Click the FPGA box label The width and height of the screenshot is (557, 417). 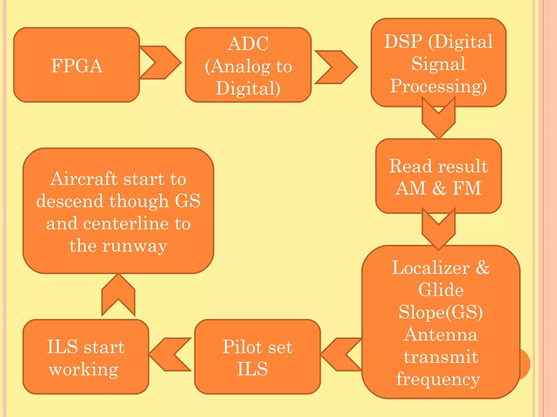(77, 66)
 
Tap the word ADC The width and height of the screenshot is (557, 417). (248, 44)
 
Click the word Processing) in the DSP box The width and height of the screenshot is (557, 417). (438, 86)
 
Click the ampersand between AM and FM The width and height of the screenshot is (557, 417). (439, 188)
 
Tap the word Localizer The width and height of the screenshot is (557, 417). (431, 268)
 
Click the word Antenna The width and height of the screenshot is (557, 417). (441, 334)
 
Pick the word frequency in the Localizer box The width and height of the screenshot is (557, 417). (438, 379)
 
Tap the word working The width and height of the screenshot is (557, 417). (84, 370)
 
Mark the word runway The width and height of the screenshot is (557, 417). (135, 246)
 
